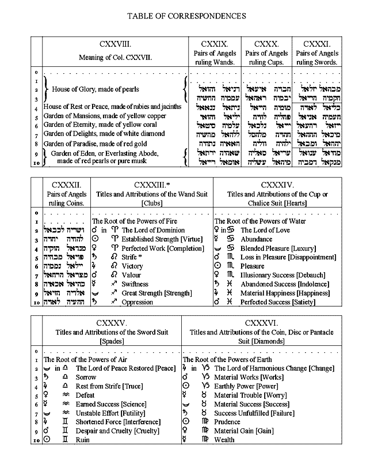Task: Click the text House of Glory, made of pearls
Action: [x=96, y=89]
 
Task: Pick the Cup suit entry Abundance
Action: [x=257, y=239]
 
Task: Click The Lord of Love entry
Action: [x=265, y=230]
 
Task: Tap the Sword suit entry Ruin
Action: [x=83, y=440]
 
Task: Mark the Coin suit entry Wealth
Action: [x=225, y=440]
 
